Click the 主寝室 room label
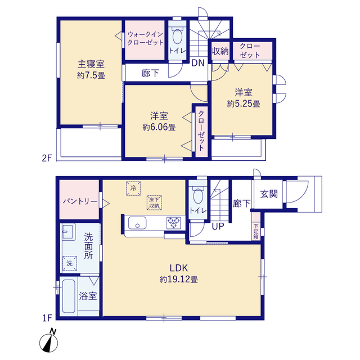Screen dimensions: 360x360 click(x=91, y=64)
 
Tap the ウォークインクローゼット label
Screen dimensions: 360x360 click(x=145, y=38)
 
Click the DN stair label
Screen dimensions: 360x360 click(x=198, y=63)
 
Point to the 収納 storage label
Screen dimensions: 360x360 click(x=220, y=51)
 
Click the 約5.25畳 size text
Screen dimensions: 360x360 click(x=244, y=104)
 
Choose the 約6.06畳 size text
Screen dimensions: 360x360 click(x=159, y=127)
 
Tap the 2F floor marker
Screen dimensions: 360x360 click(x=47, y=158)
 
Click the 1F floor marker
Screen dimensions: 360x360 click(x=47, y=318)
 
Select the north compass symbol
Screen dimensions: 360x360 click(x=49, y=341)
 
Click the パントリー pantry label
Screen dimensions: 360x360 click(x=80, y=201)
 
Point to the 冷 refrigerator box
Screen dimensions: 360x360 click(x=133, y=188)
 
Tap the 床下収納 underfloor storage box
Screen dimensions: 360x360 click(x=154, y=202)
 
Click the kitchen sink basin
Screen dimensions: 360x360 click(x=137, y=223)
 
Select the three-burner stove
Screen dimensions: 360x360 click(x=174, y=223)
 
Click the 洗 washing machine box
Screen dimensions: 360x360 click(x=70, y=263)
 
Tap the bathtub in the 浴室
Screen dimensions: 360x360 click(x=69, y=296)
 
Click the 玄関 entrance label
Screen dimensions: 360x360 click(x=269, y=194)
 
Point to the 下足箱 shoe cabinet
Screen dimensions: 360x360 click(x=256, y=226)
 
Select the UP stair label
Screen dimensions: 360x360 click(x=218, y=226)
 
